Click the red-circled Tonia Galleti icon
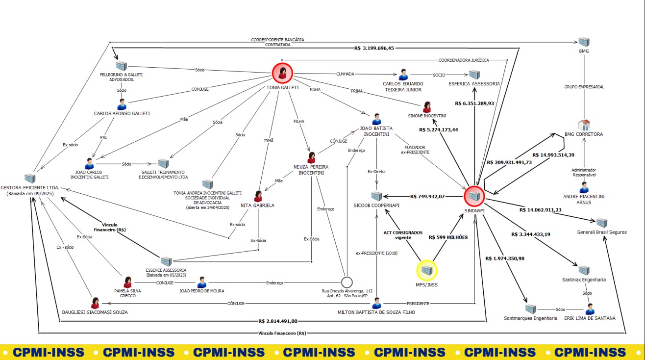[282, 73]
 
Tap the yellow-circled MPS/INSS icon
[427, 270]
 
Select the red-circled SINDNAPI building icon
[474, 196]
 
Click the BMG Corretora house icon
[584, 125]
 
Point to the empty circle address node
[347, 283]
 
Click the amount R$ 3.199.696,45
[374, 48]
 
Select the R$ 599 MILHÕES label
[448, 237]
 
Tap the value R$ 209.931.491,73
[509, 162]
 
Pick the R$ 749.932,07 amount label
[427, 197]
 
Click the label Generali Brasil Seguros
[602, 232]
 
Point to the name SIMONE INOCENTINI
[427, 116]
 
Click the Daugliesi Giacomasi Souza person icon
[95, 303]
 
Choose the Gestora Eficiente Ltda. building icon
[30, 179]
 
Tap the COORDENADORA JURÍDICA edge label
[464, 60]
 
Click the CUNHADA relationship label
[345, 74]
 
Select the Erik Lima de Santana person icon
[590, 309]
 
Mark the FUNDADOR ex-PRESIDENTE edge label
[415, 150]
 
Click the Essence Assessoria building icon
[166, 261]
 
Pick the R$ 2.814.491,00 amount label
[278, 321]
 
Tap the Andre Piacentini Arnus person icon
[584, 187]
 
